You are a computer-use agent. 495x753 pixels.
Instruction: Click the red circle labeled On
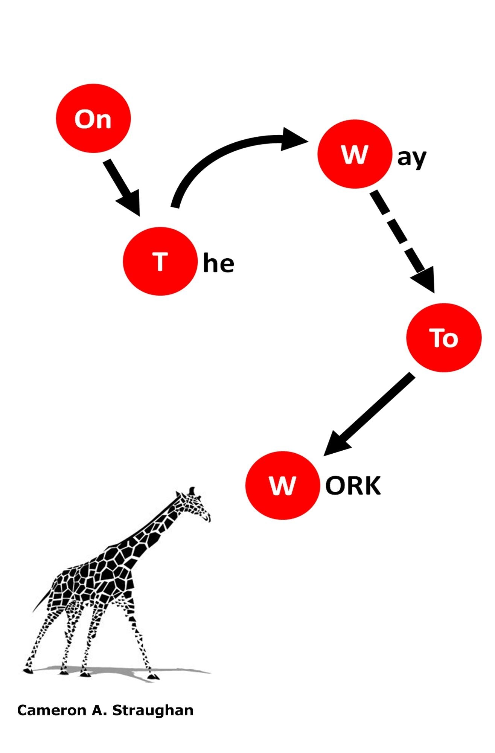(93, 118)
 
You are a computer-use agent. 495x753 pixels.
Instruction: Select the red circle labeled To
(444, 338)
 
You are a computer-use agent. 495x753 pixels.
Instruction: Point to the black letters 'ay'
(412, 159)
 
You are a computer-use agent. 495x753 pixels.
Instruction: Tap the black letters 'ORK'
(353, 486)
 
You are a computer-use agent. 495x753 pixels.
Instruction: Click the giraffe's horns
(192, 491)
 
